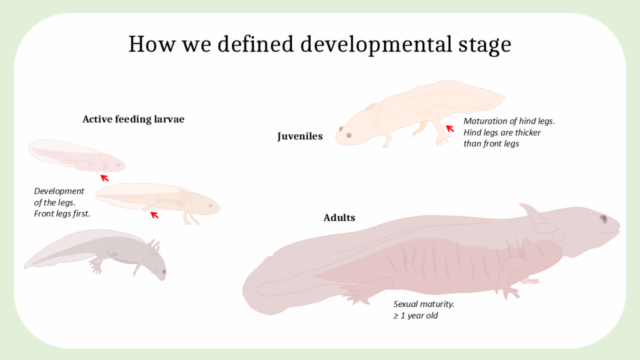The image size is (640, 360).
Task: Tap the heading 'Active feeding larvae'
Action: [134, 119]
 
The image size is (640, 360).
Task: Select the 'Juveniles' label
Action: [300, 136]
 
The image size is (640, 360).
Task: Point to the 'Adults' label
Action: [339, 217]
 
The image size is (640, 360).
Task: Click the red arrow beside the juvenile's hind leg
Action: [450, 129]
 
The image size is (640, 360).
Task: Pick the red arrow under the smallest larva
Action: [104, 178]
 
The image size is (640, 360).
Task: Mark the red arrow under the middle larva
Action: [154, 215]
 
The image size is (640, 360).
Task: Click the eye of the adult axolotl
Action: [604, 219]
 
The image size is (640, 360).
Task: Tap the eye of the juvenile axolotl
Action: [349, 136]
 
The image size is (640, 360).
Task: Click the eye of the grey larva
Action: [164, 271]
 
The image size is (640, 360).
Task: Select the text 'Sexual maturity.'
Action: [424, 304]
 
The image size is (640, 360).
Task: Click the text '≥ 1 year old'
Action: [416, 316]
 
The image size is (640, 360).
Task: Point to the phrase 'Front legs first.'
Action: [62, 214]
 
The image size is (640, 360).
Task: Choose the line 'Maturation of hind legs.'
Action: [509, 121]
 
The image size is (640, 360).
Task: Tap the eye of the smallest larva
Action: [118, 165]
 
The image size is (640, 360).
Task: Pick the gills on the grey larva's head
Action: [154, 247]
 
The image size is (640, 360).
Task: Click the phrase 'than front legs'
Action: [491, 144]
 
